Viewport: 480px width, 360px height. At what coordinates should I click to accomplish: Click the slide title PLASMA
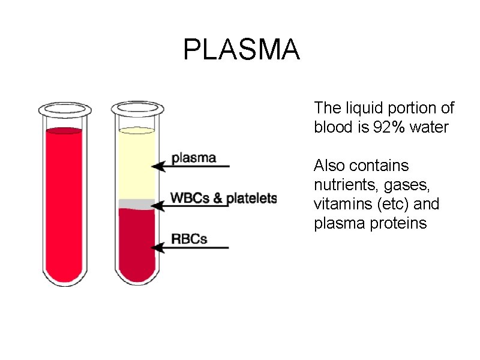pyautogui.click(x=241, y=50)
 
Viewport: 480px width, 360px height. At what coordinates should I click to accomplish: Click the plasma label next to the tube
pyautogui.click(x=194, y=158)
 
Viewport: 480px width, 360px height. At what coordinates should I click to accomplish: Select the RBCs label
pyautogui.click(x=189, y=239)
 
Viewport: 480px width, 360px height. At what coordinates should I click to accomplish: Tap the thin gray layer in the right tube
pyautogui.click(x=137, y=204)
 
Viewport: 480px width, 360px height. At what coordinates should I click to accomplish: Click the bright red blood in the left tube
pyautogui.click(x=64, y=204)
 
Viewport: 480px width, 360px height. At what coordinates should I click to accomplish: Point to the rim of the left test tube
pyautogui.click(x=64, y=109)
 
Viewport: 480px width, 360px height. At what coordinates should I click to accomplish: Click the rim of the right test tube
pyautogui.click(x=137, y=109)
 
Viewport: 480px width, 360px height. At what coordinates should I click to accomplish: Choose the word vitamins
pyautogui.click(x=340, y=204)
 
